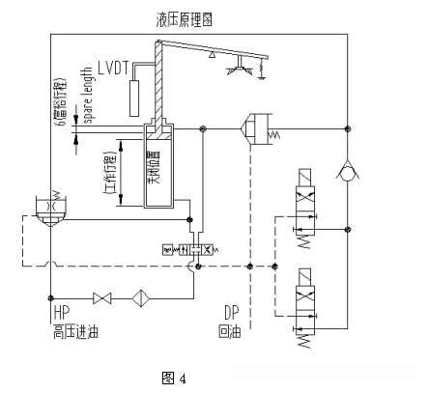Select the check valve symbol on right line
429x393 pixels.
pos(347,171)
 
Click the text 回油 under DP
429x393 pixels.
pos(229,333)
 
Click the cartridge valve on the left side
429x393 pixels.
pos(49,210)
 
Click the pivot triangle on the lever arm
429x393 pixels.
pos(212,57)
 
